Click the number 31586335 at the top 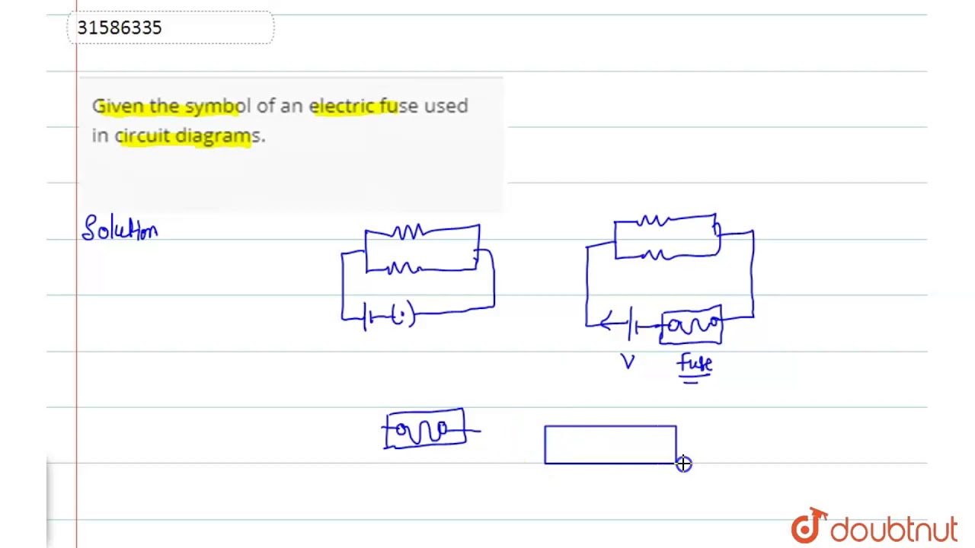point(120,28)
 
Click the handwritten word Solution point(120,228)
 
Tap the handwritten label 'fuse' point(695,364)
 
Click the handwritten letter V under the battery point(628,362)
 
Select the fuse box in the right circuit point(691,326)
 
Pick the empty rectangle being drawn point(610,444)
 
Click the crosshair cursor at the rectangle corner point(683,464)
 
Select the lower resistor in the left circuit point(404,268)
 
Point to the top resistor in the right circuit point(654,221)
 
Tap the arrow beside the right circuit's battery point(609,324)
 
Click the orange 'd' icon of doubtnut point(808,526)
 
